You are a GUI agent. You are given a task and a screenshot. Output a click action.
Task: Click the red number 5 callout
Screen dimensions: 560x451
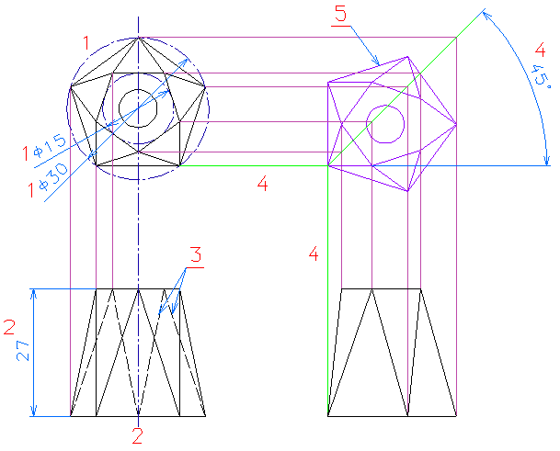tap(341, 14)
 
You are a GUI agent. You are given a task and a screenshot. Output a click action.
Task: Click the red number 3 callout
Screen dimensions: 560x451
tap(196, 255)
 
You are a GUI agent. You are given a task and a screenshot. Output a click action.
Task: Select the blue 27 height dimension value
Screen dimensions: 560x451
tap(23, 351)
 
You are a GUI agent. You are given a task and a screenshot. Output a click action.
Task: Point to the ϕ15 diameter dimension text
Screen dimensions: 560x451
tap(50, 147)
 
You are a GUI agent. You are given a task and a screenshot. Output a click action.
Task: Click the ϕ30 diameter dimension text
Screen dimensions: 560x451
tap(53, 177)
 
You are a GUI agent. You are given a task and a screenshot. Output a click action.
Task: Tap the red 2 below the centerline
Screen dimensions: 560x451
tap(138, 435)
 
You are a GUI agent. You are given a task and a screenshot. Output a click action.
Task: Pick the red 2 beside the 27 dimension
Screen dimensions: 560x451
tap(9, 327)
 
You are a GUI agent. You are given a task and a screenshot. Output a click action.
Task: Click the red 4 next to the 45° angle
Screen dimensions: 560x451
tap(540, 50)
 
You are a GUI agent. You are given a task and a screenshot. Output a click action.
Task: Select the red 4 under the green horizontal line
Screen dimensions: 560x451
tap(262, 184)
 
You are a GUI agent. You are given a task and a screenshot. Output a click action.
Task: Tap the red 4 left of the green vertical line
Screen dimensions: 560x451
tap(314, 254)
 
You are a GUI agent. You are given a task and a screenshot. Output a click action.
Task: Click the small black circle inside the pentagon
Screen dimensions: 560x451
tap(138, 108)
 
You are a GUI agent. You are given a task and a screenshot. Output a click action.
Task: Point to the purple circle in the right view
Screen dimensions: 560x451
tap(385, 124)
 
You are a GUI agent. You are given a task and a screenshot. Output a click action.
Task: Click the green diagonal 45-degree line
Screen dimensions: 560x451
tap(406, 87)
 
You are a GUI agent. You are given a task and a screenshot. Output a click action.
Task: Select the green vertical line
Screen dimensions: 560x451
tap(328, 291)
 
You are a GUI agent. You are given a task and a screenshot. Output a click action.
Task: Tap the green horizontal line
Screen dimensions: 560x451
tap(254, 165)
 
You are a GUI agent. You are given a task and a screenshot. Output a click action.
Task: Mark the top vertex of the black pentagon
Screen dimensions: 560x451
tap(138, 38)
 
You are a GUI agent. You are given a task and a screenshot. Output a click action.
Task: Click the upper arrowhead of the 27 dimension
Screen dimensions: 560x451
tap(34, 293)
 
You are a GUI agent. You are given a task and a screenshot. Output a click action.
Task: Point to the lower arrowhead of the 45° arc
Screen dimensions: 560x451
tap(546, 161)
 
